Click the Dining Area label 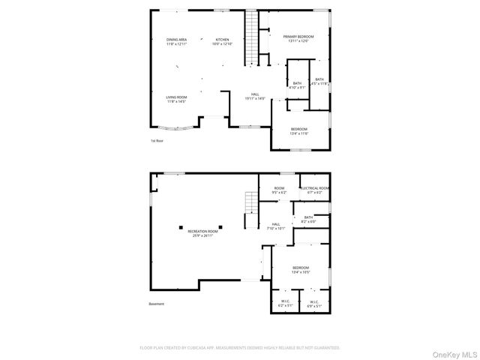[177, 42]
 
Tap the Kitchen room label [223, 42]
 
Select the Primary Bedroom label [298, 38]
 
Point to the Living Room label [177, 99]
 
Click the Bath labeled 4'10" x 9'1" [297, 85]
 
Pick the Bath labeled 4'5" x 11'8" [319, 82]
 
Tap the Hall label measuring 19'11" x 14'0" [256, 96]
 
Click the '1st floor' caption [156, 140]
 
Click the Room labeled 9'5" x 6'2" [279, 190]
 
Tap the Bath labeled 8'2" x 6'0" [308, 220]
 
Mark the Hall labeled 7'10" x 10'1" [276, 226]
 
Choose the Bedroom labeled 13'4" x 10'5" [300, 270]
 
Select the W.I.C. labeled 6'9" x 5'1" [314, 304]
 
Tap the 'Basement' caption [156, 304]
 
